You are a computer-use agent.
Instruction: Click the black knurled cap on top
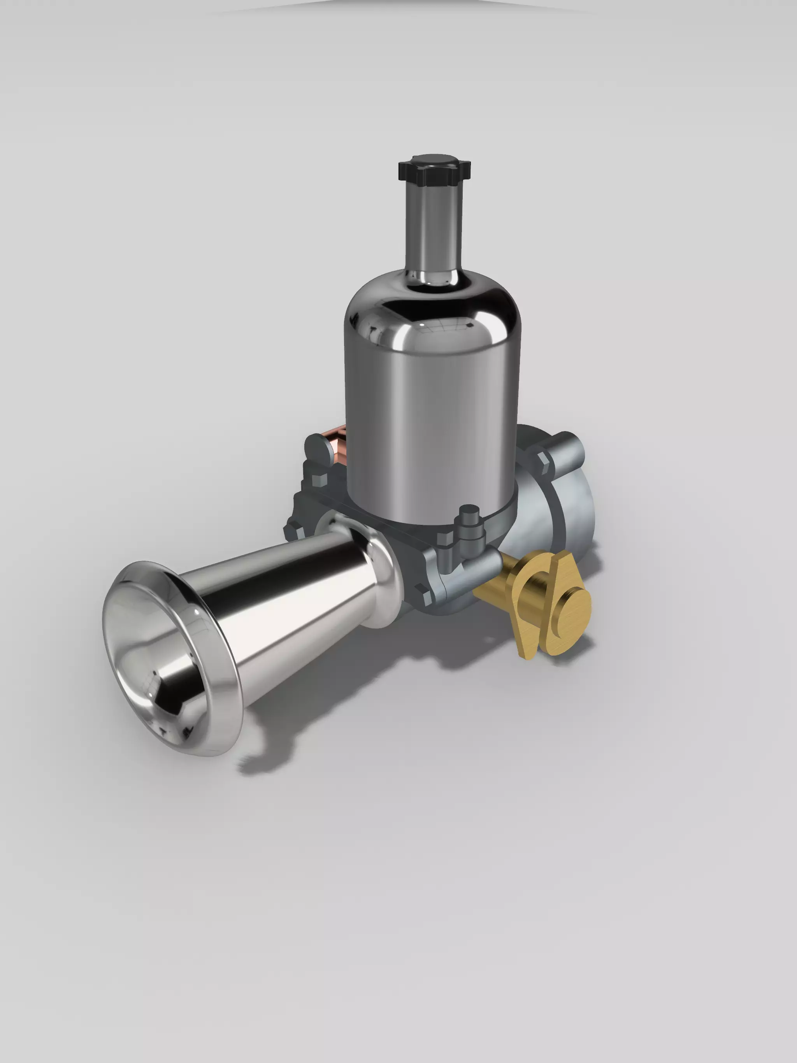(434, 170)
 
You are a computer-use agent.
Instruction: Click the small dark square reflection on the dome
(468, 327)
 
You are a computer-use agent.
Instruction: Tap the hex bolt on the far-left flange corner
(292, 531)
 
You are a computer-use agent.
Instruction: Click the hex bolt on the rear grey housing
(542, 460)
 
